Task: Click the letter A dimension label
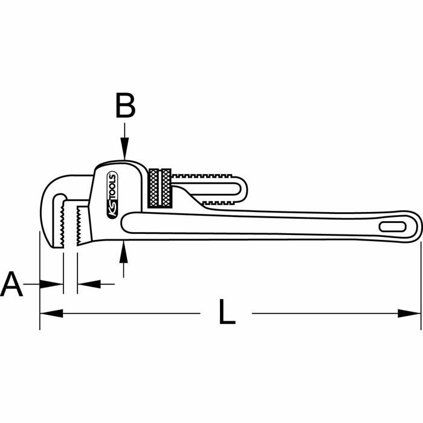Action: [x=12, y=285]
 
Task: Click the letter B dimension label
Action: [x=124, y=106]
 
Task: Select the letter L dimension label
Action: [x=226, y=313]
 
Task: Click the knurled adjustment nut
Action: [x=160, y=187]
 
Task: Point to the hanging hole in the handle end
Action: [x=393, y=226]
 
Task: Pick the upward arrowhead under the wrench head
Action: [x=124, y=248]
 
